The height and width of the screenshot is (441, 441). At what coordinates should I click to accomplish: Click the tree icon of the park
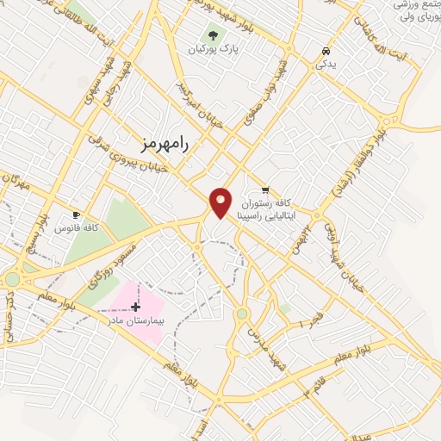tap(213, 36)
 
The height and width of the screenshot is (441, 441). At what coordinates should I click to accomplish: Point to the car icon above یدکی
tap(325, 51)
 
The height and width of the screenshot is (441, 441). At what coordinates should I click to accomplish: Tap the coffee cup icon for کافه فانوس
tap(76, 214)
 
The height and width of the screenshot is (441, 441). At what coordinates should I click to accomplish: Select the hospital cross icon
tap(135, 306)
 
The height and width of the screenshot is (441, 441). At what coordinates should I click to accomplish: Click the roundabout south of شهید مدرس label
tap(242, 314)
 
